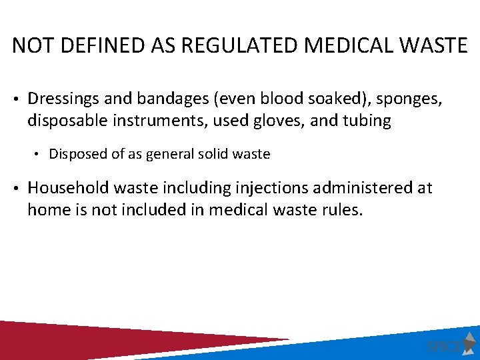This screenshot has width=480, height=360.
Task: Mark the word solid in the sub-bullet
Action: point(211,154)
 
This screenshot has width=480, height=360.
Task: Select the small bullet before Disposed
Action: point(39,155)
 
